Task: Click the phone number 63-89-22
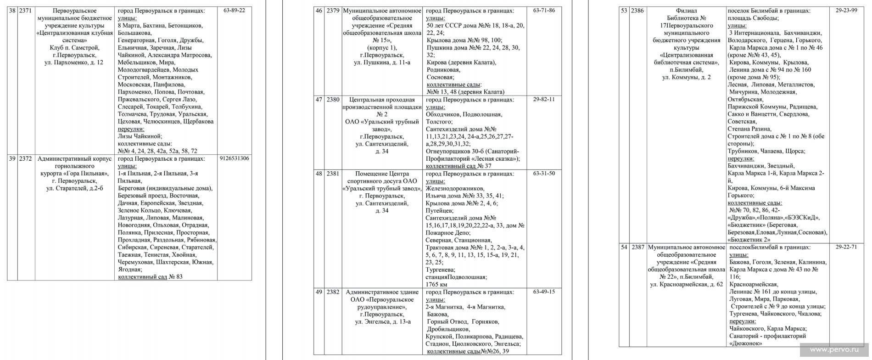[234, 11]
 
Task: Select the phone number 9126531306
[234, 159]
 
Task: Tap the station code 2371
[26, 11]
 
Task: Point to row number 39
[12, 159]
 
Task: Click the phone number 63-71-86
[544, 11]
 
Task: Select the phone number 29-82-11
[544, 100]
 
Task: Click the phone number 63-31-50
[544, 174]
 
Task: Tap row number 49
[319, 292]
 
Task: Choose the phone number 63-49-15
[544, 292]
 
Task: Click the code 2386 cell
[637, 11]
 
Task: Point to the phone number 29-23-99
[846, 11]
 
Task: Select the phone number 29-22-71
[846, 247]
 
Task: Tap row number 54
[624, 247]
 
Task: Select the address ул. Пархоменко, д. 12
[74, 62]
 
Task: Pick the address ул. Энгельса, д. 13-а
[383, 321]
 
